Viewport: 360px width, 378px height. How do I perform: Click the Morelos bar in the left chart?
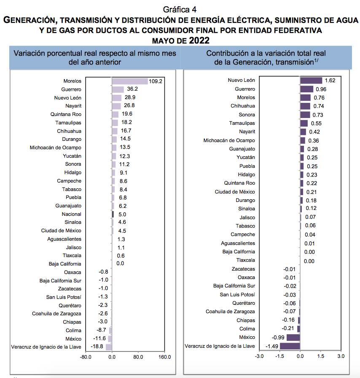[130, 81]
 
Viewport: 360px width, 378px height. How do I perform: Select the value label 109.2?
[156, 81]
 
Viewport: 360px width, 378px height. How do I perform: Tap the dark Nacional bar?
[113, 214]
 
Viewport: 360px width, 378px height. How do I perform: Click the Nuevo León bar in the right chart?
[311, 80]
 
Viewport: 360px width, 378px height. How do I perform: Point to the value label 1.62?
[330, 80]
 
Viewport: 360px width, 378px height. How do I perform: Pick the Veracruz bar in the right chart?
[290, 346]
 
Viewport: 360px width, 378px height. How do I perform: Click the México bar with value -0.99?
[293, 338]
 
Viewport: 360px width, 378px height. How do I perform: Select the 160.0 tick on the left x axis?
[165, 357]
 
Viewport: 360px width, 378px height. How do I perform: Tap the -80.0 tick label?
[86, 357]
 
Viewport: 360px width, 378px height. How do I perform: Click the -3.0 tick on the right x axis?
[259, 356]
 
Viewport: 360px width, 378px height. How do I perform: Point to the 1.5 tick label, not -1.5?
[321, 356]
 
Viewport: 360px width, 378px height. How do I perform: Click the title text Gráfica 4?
[180, 10]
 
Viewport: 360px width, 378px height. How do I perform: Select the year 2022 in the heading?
[199, 40]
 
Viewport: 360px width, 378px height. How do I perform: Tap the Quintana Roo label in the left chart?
[66, 114]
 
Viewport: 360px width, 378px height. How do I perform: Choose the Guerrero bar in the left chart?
[118, 89]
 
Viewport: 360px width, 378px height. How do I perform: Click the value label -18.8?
[97, 346]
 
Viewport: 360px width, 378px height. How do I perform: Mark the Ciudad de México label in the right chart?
[235, 192]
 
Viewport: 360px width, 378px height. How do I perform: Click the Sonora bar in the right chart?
[305, 115]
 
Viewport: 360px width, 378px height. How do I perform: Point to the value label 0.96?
[321, 89]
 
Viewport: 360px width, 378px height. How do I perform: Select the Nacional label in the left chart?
[72, 214]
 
